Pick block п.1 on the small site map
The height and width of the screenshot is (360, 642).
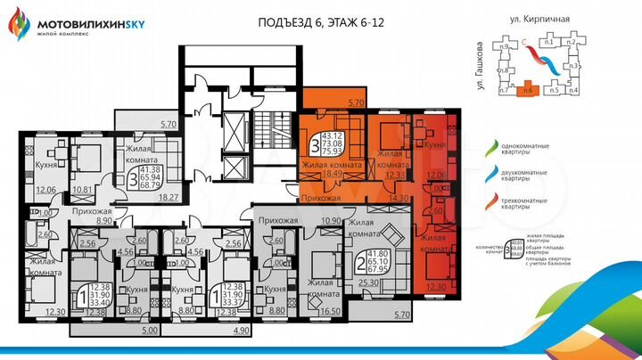pyautogui.click(x=547, y=42)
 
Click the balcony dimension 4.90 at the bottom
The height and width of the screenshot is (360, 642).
pyautogui.click(x=240, y=330)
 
